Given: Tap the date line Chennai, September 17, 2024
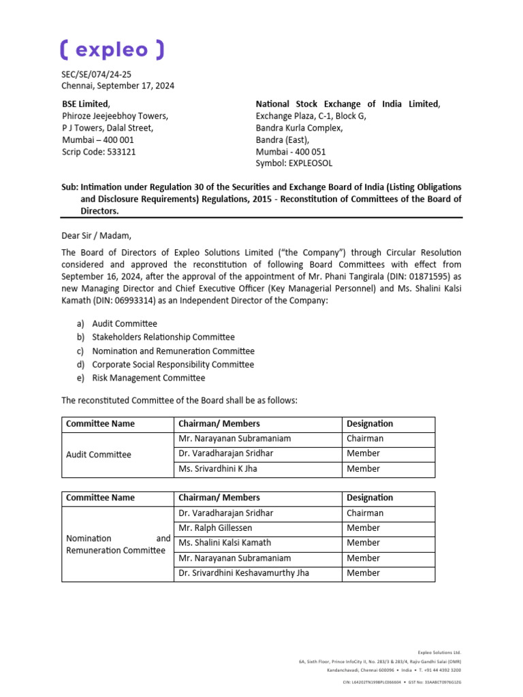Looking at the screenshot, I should (x=118, y=86).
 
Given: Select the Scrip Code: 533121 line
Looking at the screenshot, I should (x=99, y=152).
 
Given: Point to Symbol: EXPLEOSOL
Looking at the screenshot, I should (x=294, y=163).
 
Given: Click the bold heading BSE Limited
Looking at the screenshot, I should (x=85, y=104).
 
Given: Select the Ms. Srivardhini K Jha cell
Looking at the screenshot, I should (x=218, y=469).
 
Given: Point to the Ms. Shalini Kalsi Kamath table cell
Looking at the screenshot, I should (x=225, y=543).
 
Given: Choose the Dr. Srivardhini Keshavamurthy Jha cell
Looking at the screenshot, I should (x=244, y=573).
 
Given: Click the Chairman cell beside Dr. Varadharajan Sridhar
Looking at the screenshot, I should (x=365, y=513).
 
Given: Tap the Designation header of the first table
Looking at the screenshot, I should (x=370, y=424).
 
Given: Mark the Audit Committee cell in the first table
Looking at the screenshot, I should (x=99, y=454).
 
